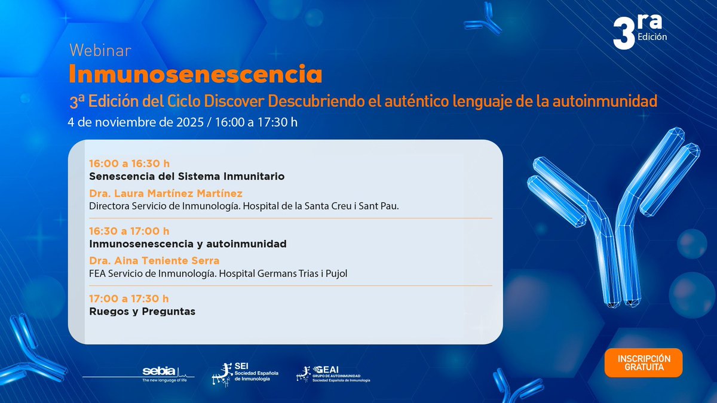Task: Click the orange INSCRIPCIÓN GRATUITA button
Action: coord(643,362)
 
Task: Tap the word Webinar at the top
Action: coord(100,50)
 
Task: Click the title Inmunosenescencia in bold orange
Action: coord(195,75)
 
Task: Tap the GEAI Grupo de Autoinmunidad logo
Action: coord(333,374)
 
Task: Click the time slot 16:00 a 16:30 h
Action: coord(129,163)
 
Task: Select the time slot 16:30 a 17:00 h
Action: coord(129,230)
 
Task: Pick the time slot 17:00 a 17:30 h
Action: coord(129,298)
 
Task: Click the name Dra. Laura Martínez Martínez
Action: coord(166,193)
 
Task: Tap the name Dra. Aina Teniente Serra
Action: coord(154,260)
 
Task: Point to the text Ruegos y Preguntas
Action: coord(142,311)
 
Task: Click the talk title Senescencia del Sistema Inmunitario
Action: coord(186,176)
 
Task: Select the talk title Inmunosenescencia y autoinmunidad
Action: coord(188,244)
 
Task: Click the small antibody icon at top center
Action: coord(482,19)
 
